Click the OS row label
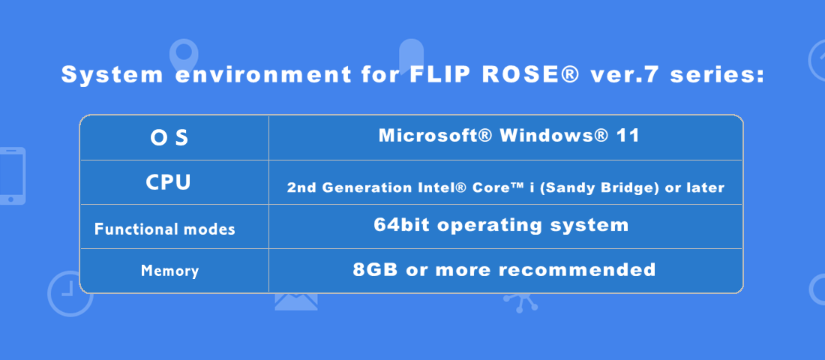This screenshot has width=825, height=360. (169, 138)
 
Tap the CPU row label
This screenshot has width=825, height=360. (168, 183)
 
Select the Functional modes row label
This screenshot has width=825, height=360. (165, 229)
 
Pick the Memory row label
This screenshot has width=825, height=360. (170, 271)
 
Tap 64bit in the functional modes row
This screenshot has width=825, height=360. (402, 225)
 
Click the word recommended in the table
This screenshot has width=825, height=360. (577, 270)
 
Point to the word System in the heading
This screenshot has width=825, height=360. (112, 75)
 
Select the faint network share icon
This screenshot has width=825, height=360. (520, 303)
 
